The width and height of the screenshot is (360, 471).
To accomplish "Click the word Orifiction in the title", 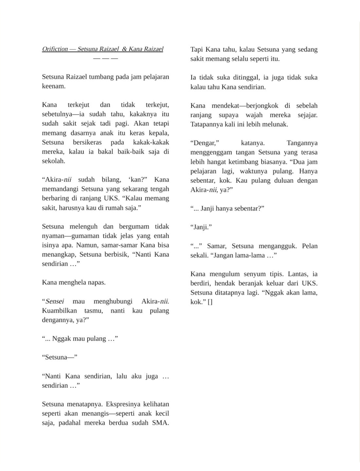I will (x=55, y=49).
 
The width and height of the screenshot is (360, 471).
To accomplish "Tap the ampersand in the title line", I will (x=124, y=49).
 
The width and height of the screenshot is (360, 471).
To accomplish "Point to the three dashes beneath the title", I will (x=105, y=59).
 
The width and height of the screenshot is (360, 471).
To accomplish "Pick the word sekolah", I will (x=54, y=161).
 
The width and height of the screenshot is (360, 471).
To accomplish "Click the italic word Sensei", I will (x=55, y=301).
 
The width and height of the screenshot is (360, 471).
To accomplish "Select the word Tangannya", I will (x=302, y=143).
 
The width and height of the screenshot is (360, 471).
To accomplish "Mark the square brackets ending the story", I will (x=210, y=302).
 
